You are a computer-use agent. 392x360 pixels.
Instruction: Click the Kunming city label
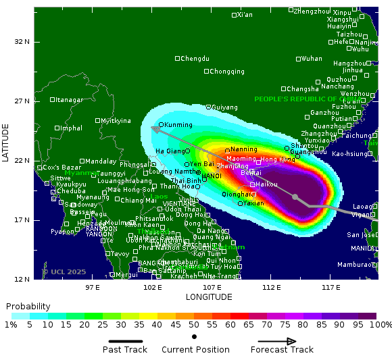click(x=178, y=125)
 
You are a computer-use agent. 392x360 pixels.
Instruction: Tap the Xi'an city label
click(x=245, y=15)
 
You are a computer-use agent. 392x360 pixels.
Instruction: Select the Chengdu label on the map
click(x=195, y=59)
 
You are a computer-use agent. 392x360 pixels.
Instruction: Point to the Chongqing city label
click(x=227, y=72)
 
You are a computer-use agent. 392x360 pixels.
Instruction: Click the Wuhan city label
click(x=312, y=59)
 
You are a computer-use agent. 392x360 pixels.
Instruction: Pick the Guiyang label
click(x=225, y=107)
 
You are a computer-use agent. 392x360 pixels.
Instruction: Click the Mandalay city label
click(x=101, y=161)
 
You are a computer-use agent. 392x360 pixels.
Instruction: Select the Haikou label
click(x=267, y=184)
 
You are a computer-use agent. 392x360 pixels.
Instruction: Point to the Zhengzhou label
click(x=313, y=11)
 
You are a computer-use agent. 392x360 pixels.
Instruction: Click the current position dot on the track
click(x=295, y=197)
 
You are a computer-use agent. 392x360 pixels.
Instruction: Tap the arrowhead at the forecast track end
click(x=154, y=128)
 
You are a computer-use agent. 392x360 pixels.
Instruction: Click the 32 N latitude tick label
click(x=22, y=42)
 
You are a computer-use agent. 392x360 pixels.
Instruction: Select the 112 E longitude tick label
click(x=271, y=287)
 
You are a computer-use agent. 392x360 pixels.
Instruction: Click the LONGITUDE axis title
click(x=209, y=297)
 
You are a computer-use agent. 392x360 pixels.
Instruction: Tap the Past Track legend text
click(x=125, y=350)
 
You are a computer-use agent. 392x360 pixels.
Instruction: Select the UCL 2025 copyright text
click(x=66, y=272)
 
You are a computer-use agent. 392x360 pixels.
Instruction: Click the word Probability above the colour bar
click(x=28, y=307)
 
